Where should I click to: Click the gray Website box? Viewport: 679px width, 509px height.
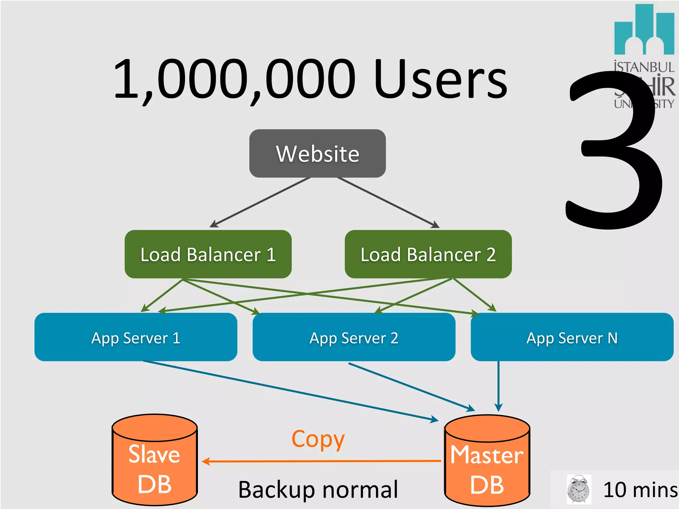point(317,153)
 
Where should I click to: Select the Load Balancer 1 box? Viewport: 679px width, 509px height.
point(208,254)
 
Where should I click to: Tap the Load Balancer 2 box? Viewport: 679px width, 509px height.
point(428,254)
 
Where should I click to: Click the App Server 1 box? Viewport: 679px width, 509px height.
point(136,337)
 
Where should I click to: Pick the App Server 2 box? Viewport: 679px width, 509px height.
point(354,337)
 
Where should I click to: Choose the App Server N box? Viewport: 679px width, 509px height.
point(572,337)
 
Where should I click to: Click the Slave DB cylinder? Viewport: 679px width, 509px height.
point(154,464)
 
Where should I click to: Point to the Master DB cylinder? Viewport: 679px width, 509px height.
point(487,464)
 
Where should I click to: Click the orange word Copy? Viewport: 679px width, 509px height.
point(318,439)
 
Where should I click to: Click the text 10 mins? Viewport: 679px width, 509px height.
point(640,490)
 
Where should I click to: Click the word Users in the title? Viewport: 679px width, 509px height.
point(441,80)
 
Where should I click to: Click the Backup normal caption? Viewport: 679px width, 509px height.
point(318,489)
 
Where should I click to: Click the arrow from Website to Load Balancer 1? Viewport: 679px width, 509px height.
point(261,202)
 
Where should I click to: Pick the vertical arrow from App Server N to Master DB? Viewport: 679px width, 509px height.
point(498,384)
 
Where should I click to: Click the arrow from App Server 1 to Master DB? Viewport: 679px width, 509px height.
point(288,390)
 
